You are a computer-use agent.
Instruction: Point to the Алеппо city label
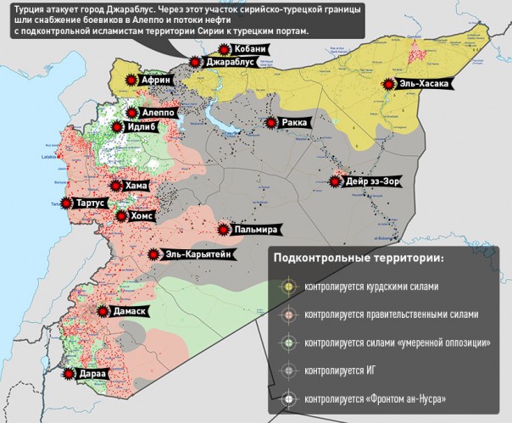coord(159,112)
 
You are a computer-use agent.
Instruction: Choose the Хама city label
coord(136,186)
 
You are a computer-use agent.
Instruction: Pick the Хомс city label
coord(141,216)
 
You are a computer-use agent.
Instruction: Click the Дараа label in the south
coord(94,373)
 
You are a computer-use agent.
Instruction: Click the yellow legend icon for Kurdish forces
coord(289,287)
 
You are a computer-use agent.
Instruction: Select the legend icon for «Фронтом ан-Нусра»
coord(289,398)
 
